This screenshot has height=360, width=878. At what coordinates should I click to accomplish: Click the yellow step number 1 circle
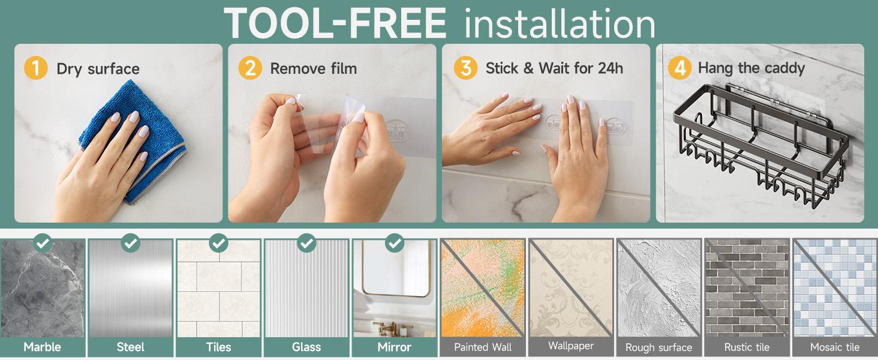point(35,68)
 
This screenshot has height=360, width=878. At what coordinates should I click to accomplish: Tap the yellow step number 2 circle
point(249,68)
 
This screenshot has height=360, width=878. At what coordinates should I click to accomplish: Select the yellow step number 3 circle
point(465,68)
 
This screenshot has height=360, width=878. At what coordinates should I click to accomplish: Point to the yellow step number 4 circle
point(679,68)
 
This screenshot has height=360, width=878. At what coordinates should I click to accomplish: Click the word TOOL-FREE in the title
point(335,24)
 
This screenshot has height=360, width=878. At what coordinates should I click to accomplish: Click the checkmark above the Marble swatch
point(43,243)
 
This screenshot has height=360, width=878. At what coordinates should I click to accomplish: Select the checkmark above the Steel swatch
point(131,243)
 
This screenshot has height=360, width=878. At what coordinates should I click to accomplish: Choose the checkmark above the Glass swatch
point(306,243)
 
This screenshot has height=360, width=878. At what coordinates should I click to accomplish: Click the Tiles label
point(218,347)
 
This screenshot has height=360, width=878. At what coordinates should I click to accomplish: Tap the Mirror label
point(394,347)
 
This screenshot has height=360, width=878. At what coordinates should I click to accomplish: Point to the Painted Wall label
point(483,347)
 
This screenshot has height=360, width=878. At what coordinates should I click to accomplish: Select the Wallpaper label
point(571,346)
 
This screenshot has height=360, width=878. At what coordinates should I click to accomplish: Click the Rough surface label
point(659,347)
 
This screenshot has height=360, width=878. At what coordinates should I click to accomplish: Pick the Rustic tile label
point(747,347)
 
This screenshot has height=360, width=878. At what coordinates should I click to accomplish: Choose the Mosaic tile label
point(835,347)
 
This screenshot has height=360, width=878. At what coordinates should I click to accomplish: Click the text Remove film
point(313,68)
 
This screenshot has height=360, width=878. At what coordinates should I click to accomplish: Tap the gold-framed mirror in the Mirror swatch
point(396,270)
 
